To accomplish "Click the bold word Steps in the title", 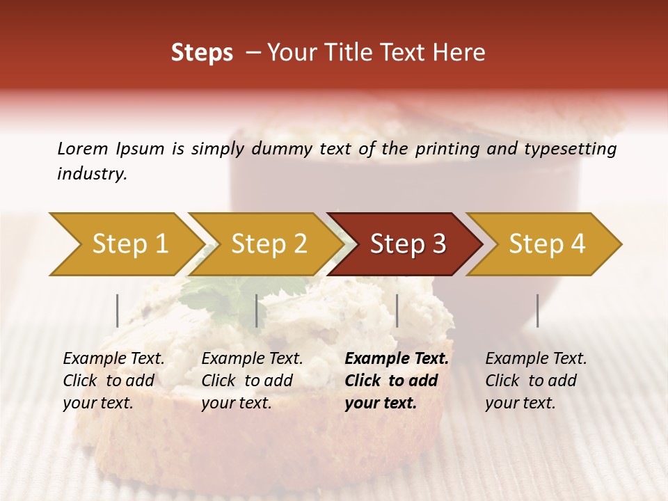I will click(202, 53).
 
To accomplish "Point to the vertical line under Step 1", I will click(118, 310).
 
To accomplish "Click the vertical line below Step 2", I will click(257, 310).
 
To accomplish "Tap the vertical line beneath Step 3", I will click(397, 310).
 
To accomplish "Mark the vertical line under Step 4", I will click(538, 310).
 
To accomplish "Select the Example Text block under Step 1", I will click(113, 381).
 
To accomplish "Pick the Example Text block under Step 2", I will click(252, 381).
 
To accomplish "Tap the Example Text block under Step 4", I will click(536, 381).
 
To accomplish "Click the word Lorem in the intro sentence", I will click(82, 148).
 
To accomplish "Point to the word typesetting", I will click(573, 149).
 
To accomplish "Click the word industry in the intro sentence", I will click(91, 174).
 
